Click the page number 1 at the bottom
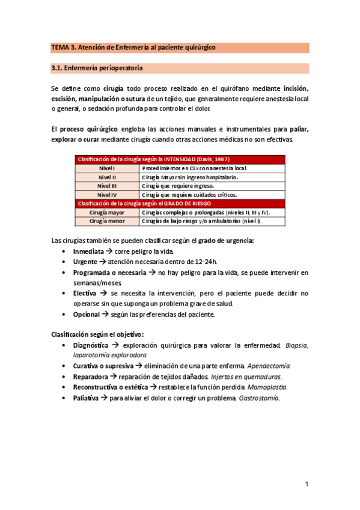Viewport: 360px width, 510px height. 307,484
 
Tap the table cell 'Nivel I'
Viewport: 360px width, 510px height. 107,168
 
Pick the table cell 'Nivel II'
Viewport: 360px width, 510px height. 107,177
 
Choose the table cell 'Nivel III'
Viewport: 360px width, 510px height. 107,186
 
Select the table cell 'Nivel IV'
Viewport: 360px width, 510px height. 107,195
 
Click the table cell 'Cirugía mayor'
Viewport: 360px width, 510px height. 107,212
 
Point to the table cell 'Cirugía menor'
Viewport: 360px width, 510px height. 107,221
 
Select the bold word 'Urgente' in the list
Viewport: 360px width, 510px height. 85,262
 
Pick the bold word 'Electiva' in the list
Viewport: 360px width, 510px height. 85,293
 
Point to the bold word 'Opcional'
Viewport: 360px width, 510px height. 86,314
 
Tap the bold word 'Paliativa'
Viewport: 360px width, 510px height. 87,398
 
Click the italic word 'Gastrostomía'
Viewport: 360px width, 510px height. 259,398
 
